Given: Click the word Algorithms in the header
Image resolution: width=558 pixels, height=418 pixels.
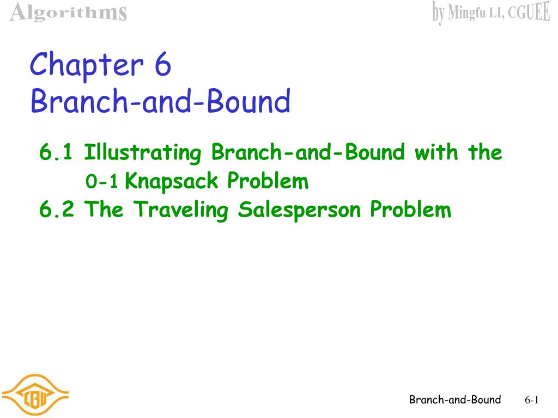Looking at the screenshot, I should pyautogui.click(x=69, y=12).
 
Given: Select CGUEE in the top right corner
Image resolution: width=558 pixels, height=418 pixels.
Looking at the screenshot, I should pyautogui.click(x=529, y=13).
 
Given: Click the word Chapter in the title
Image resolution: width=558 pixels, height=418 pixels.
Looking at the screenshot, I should pyautogui.click(x=86, y=66).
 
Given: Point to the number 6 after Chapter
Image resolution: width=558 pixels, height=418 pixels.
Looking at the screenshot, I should pyautogui.click(x=162, y=65).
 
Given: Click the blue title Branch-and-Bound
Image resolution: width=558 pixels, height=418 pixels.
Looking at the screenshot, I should pyautogui.click(x=160, y=102).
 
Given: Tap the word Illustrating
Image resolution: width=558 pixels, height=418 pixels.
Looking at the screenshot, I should pyautogui.click(x=143, y=153).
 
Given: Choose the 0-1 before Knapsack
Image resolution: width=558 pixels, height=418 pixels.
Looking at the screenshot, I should pyautogui.click(x=102, y=182).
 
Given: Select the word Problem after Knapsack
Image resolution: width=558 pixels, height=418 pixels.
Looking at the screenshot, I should pyautogui.click(x=268, y=181).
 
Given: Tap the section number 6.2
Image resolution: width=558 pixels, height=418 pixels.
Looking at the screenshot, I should pyautogui.click(x=57, y=210).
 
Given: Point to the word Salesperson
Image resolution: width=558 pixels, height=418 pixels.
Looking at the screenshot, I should pyautogui.click(x=301, y=210).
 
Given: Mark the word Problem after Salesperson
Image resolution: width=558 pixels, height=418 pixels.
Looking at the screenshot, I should pyautogui.click(x=411, y=210).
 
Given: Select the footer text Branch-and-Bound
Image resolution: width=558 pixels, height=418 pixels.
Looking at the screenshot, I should pyautogui.click(x=455, y=400).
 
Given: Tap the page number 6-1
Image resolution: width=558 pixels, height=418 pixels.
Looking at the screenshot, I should pyautogui.click(x=531, y=401).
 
